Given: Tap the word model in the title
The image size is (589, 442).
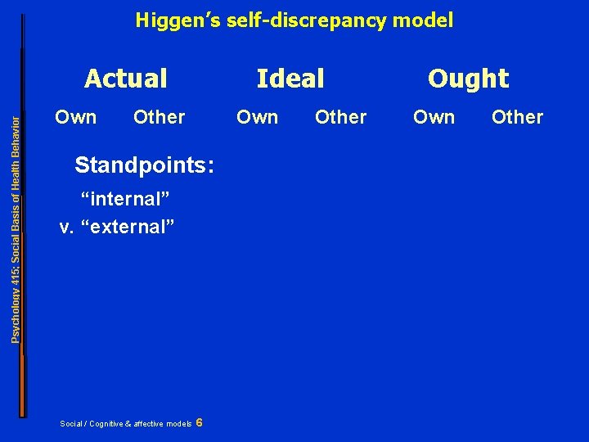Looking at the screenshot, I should point(425,20).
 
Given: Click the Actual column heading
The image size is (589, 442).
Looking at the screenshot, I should point(126,79).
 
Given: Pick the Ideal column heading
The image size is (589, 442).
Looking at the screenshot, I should point(290,79).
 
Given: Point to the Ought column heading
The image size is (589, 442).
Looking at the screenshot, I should point(468,79).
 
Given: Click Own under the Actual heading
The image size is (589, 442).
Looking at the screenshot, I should point(75,117).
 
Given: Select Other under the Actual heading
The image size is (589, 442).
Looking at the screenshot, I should point(159,117).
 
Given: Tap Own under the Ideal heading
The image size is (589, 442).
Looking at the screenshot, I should point(257,117).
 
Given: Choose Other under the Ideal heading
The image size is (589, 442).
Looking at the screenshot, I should point(340,117).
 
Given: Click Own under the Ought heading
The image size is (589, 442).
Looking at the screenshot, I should point(434,117).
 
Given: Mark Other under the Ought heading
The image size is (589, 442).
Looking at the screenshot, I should point(517,117).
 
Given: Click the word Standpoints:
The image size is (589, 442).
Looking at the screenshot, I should point(145,165).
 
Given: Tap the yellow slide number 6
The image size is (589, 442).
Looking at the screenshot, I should point(200,422).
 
